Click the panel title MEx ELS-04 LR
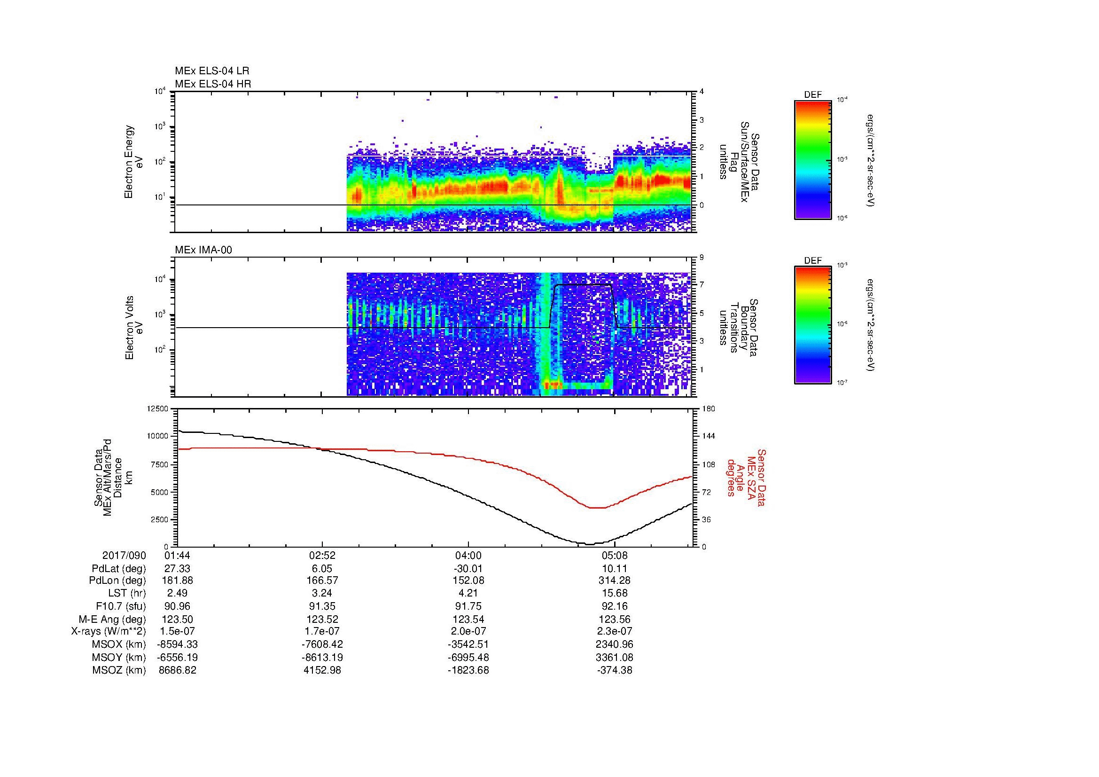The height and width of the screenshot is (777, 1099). coord(211,71)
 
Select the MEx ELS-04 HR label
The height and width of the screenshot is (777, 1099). coord(212,84)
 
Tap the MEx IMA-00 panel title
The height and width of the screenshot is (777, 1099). coord(203,250)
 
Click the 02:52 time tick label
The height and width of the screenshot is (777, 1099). coord(322,556)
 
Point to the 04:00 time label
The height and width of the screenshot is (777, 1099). coord(468,556)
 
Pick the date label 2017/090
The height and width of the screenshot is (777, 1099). coord(124,556)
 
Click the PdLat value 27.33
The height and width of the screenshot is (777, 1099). coord(178,569)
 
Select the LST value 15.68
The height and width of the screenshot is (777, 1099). coord(615,594)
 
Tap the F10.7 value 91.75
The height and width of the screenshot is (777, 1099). coord(468,606)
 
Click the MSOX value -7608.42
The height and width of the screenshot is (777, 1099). coord(322,645)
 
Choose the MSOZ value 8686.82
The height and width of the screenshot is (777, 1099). coord(178,670)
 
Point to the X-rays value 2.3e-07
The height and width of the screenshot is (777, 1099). coord(615,632)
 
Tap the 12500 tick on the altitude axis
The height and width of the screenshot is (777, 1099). coord(157,408)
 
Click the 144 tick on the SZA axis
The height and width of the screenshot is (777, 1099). coord(708,436)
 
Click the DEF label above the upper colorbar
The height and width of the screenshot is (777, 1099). coord(813,95)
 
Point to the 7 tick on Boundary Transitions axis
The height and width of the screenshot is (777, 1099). coord(701,285)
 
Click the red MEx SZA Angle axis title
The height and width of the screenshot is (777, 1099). coord(746,477)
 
